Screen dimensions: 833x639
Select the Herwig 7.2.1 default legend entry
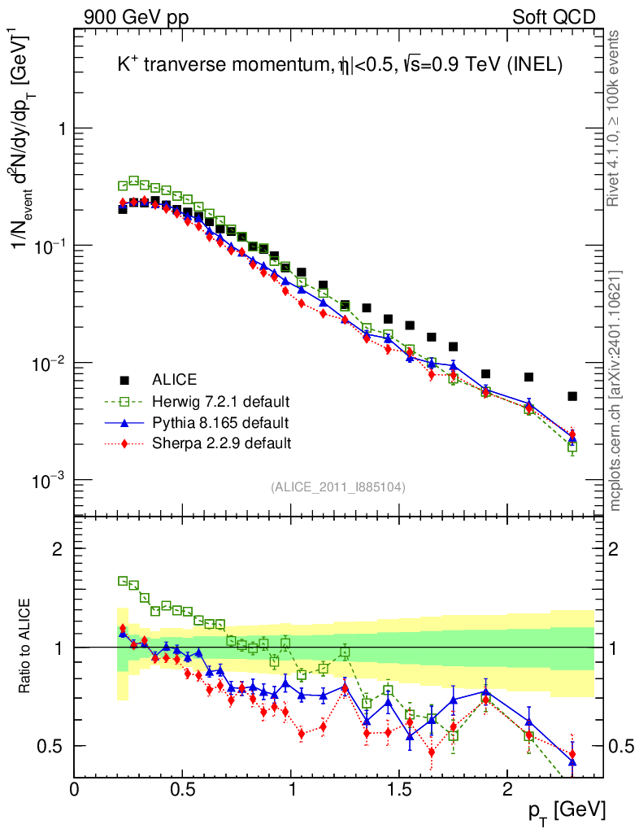pyautogui.click(x=220, y=401)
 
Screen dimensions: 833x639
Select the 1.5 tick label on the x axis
pyautogui.click(x=398, y=789)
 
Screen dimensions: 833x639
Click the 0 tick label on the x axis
pyautogui.click(x=75, y=789)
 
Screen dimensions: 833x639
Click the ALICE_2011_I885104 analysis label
pyautogui.click(x=338, y=486)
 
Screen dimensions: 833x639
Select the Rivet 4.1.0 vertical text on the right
pyautogui.click(x=615, y=118)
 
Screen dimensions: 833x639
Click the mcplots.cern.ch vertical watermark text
pyautogui.click(x=615, y=390)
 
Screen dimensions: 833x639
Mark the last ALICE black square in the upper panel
pyautogui.click(x=572, y=396)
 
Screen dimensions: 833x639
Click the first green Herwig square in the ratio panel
pyautogui.click(x=123, y=581)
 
